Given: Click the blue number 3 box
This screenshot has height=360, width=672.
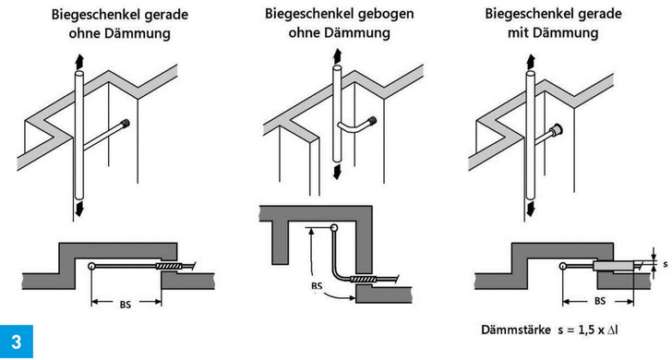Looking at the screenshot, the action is (17, 342).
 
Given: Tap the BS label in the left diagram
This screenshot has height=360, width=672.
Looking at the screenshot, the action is (126, 305).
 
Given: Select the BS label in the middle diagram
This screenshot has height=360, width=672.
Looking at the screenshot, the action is (317, 286).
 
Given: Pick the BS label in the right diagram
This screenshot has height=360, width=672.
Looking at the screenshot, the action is (600, 301).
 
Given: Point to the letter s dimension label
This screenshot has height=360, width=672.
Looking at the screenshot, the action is (666, 264).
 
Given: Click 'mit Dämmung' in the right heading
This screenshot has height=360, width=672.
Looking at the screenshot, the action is (553, 32).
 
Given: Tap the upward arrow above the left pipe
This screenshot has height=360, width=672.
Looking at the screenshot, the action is (79, 63).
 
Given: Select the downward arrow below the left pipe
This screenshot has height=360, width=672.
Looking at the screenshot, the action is (79, 210).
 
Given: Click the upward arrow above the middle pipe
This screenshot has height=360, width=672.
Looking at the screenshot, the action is (337, 55).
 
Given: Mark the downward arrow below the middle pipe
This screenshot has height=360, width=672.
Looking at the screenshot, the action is (337, 171).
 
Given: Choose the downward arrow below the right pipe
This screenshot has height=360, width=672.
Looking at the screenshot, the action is (531, 210).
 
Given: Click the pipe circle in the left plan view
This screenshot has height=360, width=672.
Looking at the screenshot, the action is (91, 266).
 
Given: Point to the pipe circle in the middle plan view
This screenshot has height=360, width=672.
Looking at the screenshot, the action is (334, 227).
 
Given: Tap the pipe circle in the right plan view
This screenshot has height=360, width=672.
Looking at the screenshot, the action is (562, 266).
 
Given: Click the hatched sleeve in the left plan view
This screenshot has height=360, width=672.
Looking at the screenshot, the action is (170, 267).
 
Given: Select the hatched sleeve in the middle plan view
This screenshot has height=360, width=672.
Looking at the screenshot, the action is (364, 280).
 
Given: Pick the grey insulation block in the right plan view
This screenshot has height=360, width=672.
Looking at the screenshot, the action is (613, 266).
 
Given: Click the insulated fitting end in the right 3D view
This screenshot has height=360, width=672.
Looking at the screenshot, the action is (557, 128).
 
